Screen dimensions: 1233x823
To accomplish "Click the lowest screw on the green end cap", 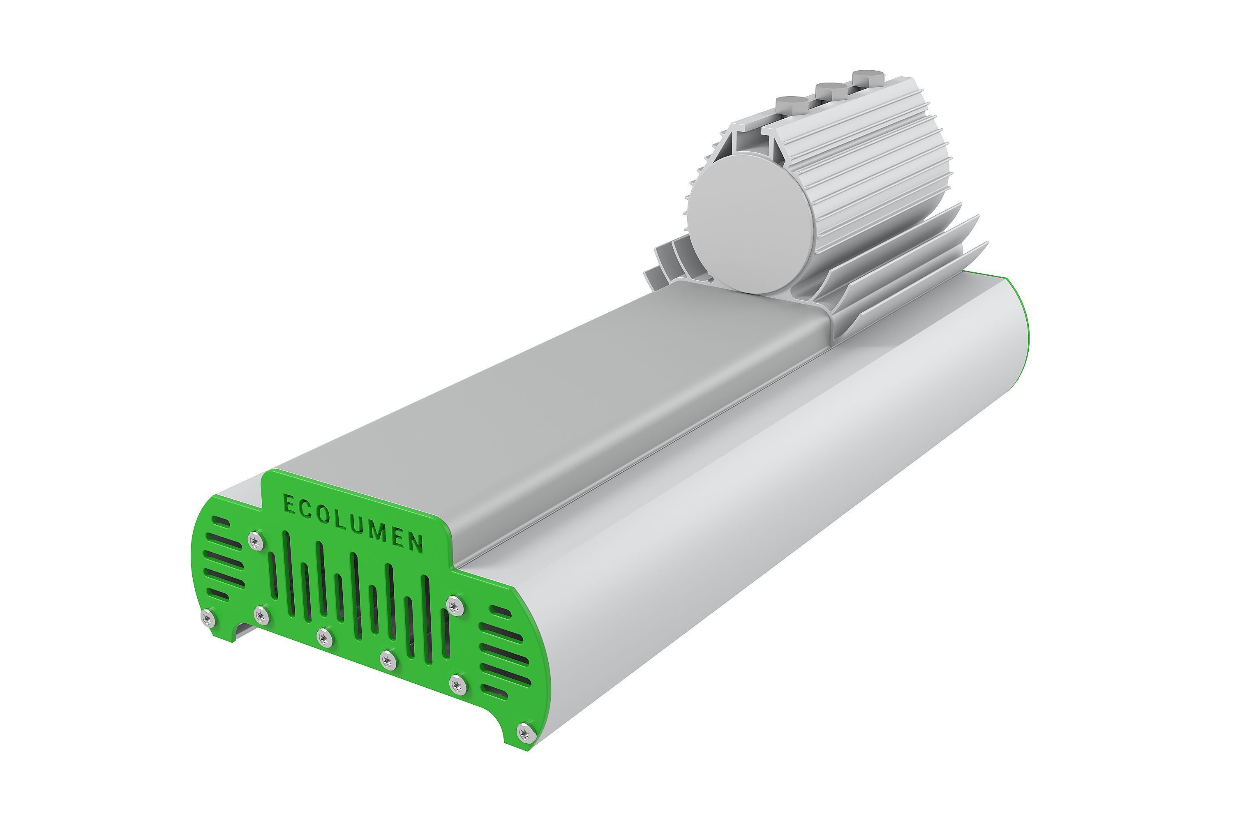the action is pos(524,732).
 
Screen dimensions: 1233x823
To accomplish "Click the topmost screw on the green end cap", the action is pos(255,540).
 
